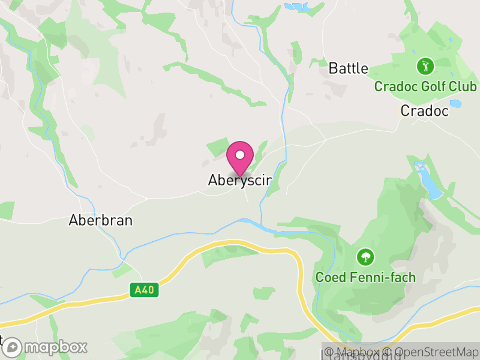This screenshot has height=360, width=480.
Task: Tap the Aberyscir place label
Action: [x=240, y=180]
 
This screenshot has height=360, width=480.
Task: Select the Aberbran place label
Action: [x=101, y=220]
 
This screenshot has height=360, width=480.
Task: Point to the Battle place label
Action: [x=348, y=68]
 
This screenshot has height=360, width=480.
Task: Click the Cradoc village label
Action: [x=424, y=110]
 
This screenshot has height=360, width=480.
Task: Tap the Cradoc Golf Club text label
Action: [x=425, y=86]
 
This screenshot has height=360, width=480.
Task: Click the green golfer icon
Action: [x=425, y=65]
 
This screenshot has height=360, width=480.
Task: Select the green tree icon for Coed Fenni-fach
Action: [x=364, y=257]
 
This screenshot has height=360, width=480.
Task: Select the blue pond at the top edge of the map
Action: [x=296, y=7]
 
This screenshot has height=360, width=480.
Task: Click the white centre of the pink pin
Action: [x=240, y=155]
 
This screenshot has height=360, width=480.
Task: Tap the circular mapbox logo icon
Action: [x=13, y=347]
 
